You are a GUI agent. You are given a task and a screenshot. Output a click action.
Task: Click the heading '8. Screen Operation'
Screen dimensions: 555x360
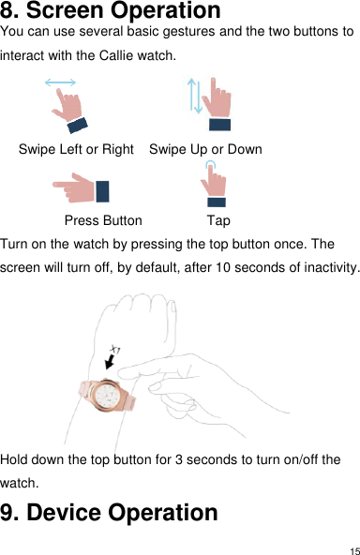pos(111,12)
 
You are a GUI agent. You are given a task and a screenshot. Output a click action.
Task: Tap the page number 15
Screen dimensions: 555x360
pos(352,548)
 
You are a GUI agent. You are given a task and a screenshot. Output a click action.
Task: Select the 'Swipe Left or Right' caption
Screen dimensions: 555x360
pos(76,149)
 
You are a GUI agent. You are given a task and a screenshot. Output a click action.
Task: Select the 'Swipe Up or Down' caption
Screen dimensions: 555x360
pos(205,149)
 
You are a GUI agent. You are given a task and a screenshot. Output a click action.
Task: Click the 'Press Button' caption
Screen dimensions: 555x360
pos(103,221)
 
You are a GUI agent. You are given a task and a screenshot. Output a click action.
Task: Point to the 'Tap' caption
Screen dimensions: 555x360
pos(217,221)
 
